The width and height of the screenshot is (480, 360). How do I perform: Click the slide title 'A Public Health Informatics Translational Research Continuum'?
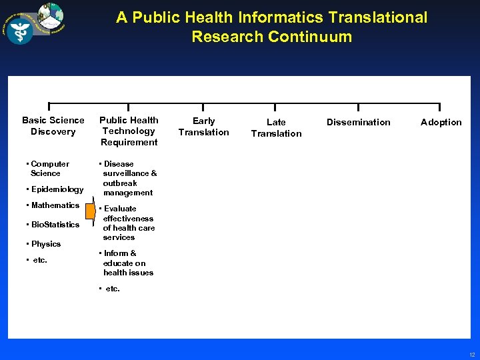(x=271, y=27)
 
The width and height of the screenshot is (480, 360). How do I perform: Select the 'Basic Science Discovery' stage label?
(x=53, y=125)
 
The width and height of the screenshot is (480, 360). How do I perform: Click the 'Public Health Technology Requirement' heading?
(x=129, y=131)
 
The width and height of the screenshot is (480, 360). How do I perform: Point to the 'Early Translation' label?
(x=203, y=126)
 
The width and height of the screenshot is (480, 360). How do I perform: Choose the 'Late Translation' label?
(x=276, y=127)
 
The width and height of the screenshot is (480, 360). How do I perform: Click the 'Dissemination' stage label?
(x=359, y=122)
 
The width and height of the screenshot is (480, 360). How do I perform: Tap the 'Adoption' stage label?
(x=441, y=122)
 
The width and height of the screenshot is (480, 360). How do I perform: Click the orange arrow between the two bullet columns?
(x=91, y=210)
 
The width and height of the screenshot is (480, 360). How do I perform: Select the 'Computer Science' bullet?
(x=48, y=168)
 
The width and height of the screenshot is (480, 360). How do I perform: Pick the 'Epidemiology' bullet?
(x=55, y=189)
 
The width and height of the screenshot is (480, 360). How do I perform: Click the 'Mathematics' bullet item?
(x=53, y=205)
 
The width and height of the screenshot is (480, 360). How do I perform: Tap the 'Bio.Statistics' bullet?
(x=53, y=225)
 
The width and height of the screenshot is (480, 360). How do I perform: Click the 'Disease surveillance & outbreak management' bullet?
(x=128, y=178)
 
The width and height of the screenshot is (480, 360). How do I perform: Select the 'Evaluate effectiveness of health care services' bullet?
(x=127, y=223)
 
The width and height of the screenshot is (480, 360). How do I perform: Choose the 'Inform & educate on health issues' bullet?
(x=127, y=263)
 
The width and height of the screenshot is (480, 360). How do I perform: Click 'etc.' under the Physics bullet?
(x=40, y=260)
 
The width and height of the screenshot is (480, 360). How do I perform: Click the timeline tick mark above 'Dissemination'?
(x=359, y=107)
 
